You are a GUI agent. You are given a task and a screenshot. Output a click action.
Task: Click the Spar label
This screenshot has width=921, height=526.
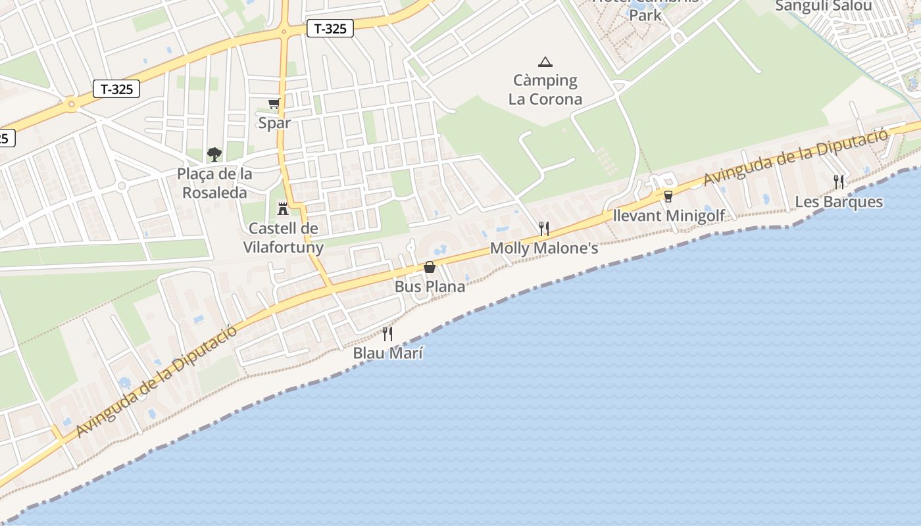coord(274,123)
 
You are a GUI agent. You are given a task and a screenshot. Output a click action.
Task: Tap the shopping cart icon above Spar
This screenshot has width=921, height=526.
coord(274,103)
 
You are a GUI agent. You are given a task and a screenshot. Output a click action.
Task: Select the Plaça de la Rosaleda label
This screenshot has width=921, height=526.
coord(214,183)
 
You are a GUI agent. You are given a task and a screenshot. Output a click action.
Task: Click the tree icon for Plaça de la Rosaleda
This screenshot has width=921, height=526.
coord(214,155)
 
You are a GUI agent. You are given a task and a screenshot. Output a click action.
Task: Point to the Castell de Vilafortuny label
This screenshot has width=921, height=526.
coord(284,238)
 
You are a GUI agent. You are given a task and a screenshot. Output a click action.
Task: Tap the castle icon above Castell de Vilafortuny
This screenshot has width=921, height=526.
coord(283,208)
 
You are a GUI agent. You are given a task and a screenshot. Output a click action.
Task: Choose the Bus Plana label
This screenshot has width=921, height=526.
coord(430,287)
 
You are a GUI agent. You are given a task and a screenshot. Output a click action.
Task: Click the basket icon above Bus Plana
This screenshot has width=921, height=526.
coord(430,267)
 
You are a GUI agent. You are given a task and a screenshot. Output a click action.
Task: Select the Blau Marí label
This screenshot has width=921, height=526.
coord(388,353)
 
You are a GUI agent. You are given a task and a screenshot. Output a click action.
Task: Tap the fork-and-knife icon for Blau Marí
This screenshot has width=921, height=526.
coord(387,334)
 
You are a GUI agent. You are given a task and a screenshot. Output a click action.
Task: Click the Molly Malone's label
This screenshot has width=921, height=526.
coord(544,249)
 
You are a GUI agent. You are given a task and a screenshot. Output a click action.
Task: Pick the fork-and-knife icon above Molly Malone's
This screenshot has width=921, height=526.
coord(543,229)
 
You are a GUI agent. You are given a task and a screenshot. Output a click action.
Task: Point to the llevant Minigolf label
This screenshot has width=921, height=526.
coord(668,216)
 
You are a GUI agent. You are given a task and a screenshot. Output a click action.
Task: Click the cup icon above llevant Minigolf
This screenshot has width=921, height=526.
coord(668,196)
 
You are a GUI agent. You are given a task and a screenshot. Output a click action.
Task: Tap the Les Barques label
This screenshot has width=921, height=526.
coord(839,202)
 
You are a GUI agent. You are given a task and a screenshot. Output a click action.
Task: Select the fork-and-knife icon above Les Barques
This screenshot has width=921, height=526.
coord(839,182)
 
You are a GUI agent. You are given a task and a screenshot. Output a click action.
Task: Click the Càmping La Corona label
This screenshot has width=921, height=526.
coord(545,90)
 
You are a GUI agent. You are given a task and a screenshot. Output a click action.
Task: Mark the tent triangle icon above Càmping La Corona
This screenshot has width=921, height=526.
coord(545,62)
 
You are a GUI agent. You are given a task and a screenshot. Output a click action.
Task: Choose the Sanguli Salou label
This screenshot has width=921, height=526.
coord(824,7)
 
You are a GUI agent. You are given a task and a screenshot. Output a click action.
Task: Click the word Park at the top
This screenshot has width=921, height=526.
coord(645,15)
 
